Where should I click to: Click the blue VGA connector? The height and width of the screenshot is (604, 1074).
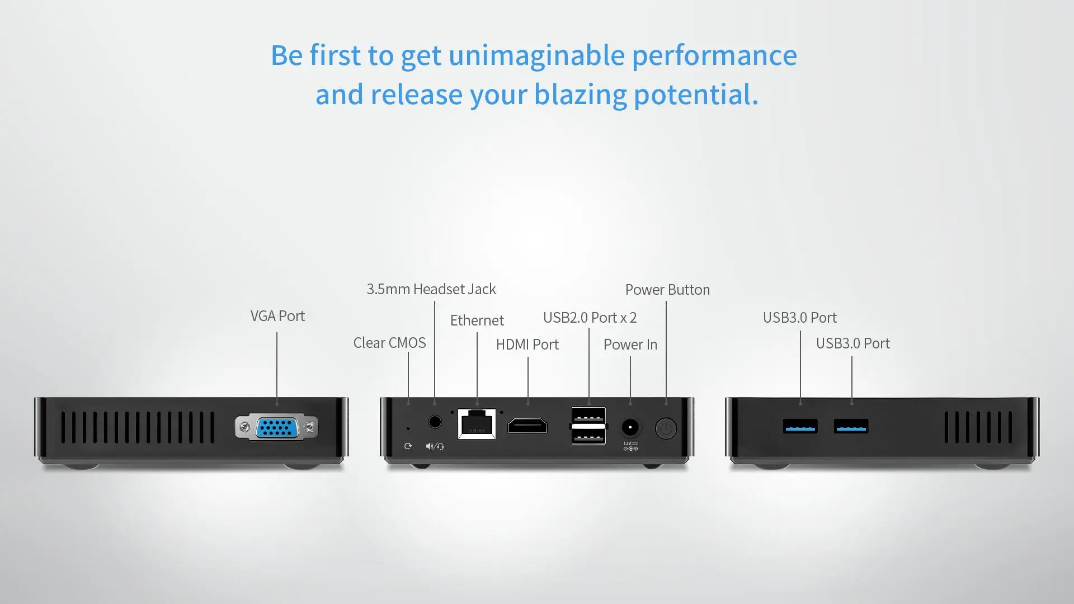tap(277, 428)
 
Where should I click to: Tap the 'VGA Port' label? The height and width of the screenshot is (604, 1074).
tap(277, 316)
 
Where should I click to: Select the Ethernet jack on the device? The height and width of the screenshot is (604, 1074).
tap(477, 424)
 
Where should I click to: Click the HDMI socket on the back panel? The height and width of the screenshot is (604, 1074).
tap(527, 426)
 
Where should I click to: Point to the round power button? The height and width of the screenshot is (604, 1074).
tap(666, 428)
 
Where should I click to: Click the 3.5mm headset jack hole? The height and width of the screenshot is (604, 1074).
tap(435, 422)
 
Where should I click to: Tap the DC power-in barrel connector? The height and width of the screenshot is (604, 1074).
tap(630, 428)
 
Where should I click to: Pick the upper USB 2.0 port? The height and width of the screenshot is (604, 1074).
tap(588, 416)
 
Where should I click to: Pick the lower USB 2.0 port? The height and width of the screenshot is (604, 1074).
tap(588, 436)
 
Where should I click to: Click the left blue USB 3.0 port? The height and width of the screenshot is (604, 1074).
tap(800, 427)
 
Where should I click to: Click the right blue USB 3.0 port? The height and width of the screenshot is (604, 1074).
tap(851, 427)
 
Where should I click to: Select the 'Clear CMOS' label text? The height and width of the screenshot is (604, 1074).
tap(389, 343)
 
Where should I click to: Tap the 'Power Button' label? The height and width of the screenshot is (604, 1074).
tap(667, 290)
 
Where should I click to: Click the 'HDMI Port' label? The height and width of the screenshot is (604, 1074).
tap(527, 345)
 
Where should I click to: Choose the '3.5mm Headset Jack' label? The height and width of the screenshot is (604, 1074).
tap(431, 289)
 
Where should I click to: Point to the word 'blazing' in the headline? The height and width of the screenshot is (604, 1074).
tap(581, 95)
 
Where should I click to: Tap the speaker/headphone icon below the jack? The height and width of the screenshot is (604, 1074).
tap(435, 446)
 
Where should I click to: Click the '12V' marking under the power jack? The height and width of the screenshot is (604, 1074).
tap(627, 443)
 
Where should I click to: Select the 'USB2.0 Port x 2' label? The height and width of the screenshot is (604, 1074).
tap(590, 318)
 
